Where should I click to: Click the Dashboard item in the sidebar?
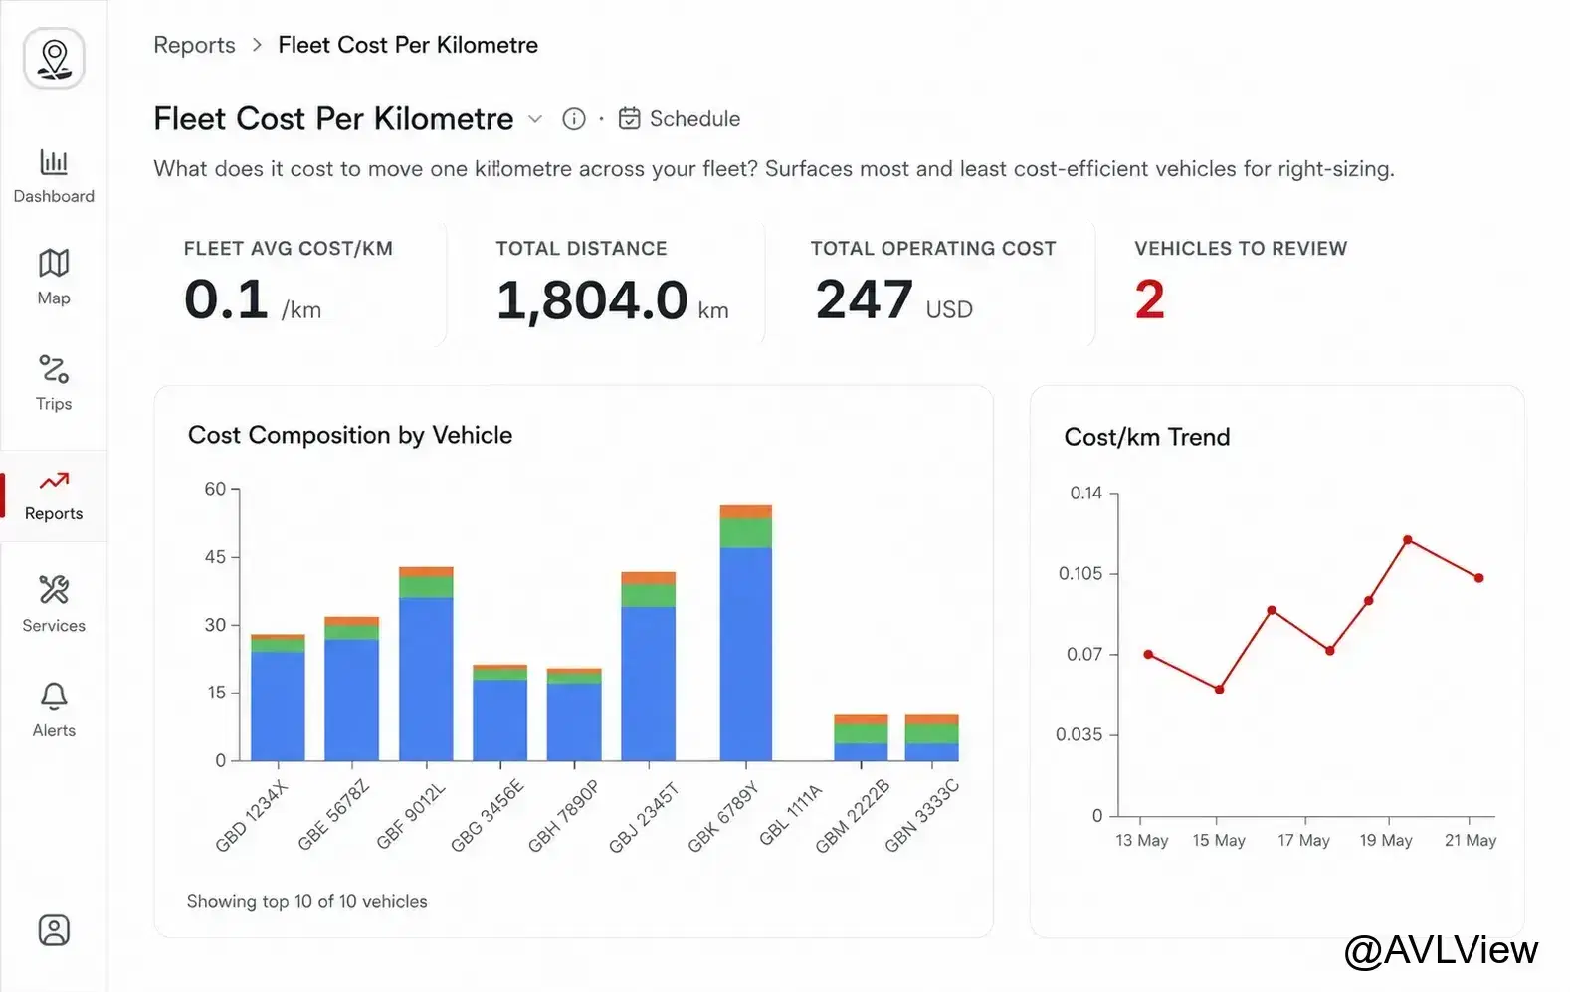(x=54, y=176)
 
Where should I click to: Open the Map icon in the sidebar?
(x=54, y=264)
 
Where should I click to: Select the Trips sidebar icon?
(x=54, y=369)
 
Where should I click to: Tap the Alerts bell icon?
(x=54, y=696)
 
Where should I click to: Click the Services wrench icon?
(x=54, y=590)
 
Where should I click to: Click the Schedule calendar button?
(x=679, y=119)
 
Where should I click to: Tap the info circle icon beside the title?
(x=573, y=119)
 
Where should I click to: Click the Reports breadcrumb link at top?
(x=194, y=45)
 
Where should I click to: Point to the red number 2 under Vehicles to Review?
(x=1149, y=299)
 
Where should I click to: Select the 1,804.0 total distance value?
(x=592, y=300)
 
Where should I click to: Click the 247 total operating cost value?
(x=864, y=299)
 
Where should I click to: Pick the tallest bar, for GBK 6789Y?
(x=746, y=633)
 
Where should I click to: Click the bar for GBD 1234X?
(x=278, y=696)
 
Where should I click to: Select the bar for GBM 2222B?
(x=861, y=737)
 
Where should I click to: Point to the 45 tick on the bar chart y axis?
(x=215, y=556)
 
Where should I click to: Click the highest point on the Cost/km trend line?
(x=1408, y=540)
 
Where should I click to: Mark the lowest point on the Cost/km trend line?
(x=1220, y=690)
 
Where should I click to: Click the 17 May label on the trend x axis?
(x=1303, y=840)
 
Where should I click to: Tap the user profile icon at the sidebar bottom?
(x=54, y=930)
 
